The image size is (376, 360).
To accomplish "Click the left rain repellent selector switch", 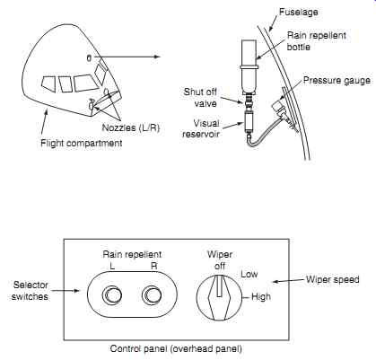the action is click(112, 294).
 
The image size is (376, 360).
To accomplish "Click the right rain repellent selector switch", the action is click(152, 294).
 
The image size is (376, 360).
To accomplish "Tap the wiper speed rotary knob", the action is click(219, 297).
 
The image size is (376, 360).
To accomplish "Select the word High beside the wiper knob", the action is click(261, 297).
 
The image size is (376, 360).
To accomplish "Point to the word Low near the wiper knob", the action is click(249, 274).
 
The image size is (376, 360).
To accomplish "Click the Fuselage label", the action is click(298, 12).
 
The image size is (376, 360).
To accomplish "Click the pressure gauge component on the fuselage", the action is click(280, 109).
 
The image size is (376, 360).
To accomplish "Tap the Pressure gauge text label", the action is click(337, 81).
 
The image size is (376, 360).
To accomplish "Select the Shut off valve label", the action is click(200, 98).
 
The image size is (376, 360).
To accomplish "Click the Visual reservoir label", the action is click(201, 128).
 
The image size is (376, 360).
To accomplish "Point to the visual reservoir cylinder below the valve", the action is click(249, 120).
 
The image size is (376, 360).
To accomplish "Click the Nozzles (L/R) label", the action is click(131, 127).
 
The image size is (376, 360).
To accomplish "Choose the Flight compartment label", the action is click(82, 143).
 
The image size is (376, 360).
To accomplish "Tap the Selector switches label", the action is click(30, 291).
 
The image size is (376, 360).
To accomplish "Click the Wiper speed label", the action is click(333, 280).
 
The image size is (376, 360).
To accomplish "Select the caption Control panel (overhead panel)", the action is click(176, 348).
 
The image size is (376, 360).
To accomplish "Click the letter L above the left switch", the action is click(112, 267).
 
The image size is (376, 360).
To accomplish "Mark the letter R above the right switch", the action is click(153, 267).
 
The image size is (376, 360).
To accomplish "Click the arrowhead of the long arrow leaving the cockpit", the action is click(158, 57).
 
